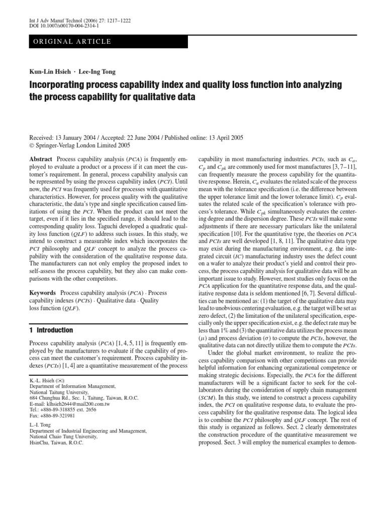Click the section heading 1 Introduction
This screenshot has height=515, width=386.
[48, 330]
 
